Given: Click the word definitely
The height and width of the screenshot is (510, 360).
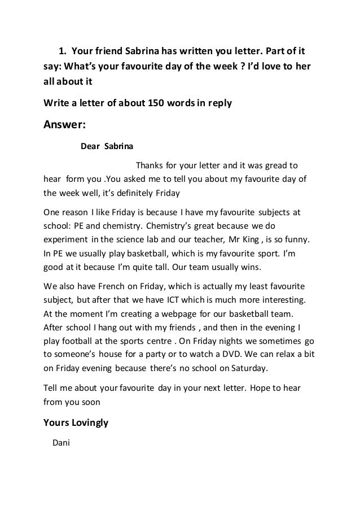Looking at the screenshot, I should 126,193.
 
